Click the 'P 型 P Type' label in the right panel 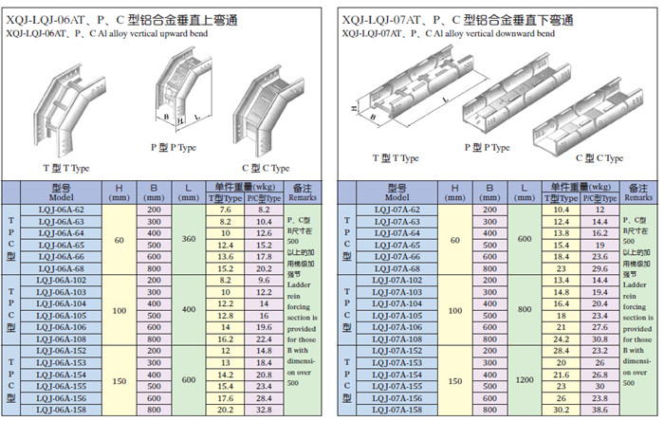[487, 148]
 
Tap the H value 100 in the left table [119, 310]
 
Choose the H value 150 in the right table [455, 380]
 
